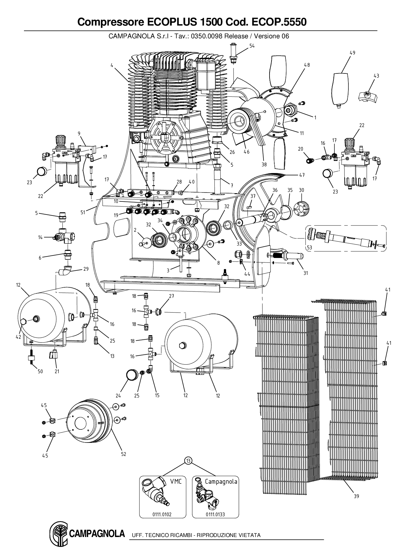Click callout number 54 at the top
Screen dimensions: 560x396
(252, 46)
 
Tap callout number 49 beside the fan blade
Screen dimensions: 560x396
(352, 53)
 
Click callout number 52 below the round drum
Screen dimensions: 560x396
(124, 454)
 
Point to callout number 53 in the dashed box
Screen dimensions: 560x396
(309, 247)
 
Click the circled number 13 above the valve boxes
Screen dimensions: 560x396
(188, 460)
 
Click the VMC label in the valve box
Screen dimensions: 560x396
(176, 481)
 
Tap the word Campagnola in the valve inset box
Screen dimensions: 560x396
(221, 481)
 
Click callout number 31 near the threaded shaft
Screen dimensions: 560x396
(306, 273)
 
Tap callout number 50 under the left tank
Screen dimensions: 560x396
(40, 371)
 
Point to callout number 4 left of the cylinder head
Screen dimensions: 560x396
(112, 65)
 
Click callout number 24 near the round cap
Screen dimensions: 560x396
(118, 396)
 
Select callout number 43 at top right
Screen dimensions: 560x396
(376, 76)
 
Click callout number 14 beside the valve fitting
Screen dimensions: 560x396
(40, 237)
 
